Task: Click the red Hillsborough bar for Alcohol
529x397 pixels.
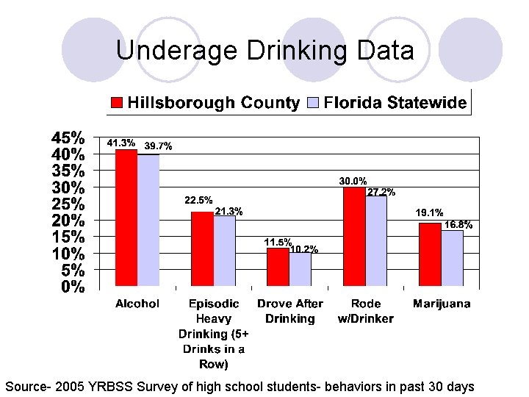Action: tap(126, 218)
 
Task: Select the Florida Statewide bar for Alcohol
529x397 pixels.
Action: tap(148, 221)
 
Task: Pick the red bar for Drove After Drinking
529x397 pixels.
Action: tap(278, 267)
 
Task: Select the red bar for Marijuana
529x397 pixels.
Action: tap(430, 254)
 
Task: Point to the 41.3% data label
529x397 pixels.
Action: tap(121, 143)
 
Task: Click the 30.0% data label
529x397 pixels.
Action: tap(353, 181)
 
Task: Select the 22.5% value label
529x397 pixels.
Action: tap(198, 200)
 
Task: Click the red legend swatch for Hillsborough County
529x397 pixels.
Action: tap(117, 103)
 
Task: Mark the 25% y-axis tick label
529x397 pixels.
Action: tap(68, 204)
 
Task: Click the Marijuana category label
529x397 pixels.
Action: tap(442, 304)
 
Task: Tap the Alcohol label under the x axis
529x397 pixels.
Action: tap(137, 304)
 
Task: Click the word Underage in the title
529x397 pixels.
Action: tap(173, 51)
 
